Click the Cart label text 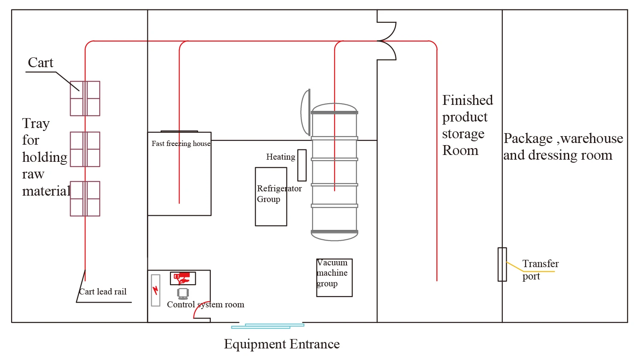(x=41, y=62)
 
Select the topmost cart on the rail (x=85, y=98)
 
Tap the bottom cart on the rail (x=85, y=199)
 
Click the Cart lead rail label (x=103, y=292)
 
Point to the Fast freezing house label (x=181, y=143)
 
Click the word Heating (x=281, y=157)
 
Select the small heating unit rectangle (x=302, y=165)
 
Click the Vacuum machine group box (x=334, y=277)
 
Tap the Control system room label (x=206, y=304)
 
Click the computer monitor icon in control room (x=183, y=293)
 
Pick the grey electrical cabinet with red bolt (x=155, y=290)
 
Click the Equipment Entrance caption (x=282, y=344)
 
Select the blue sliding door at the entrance (x=268, y=326)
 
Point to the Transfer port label (x=540, y=270)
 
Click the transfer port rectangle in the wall (x=502, y=264)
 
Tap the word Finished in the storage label (x=467, y=100)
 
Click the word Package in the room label (x=528, y=138)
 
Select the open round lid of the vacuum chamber (x=305, y=112)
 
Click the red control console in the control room (x=183, y=278)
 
